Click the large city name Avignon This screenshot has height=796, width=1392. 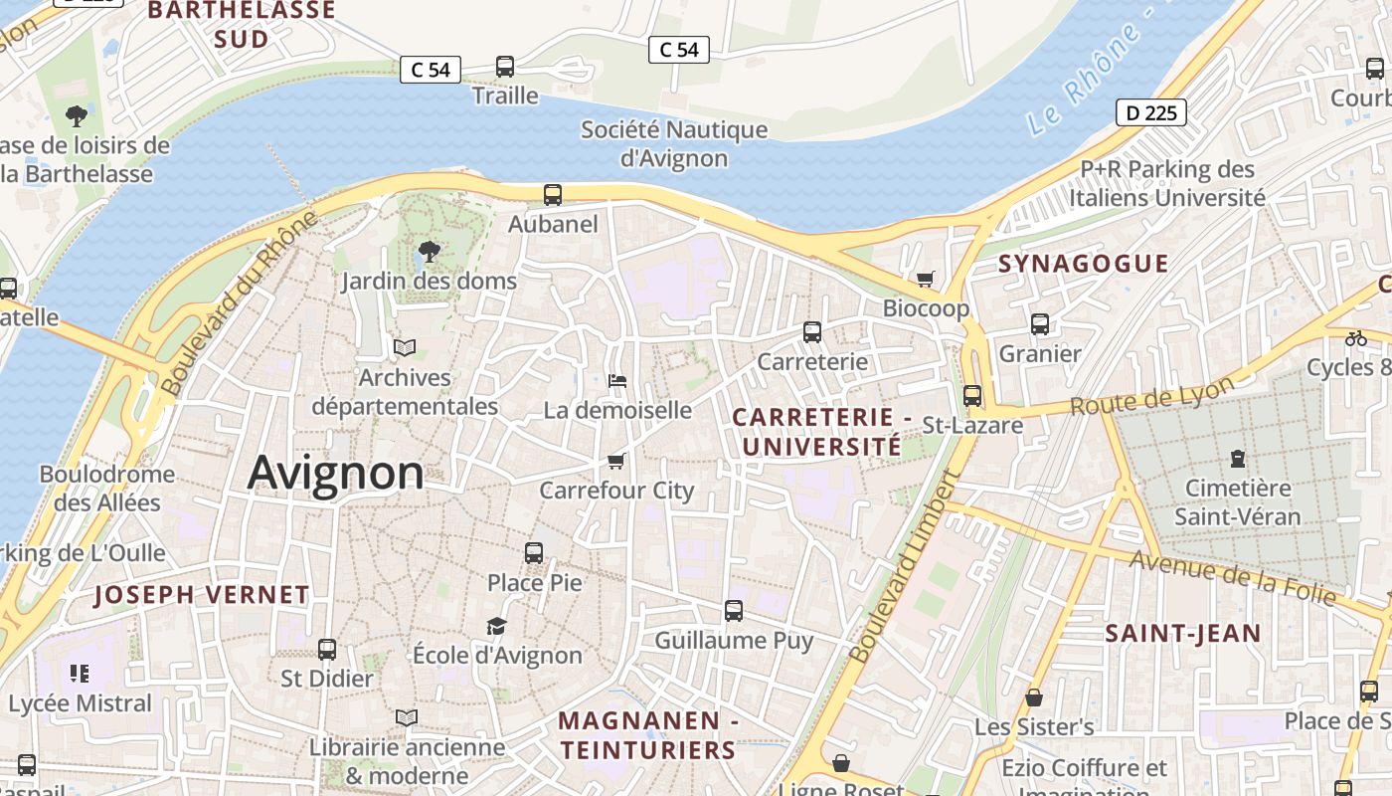(x=335, y=473)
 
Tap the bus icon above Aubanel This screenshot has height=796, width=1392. (x=552, y=195)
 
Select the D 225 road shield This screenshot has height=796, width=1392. (x=1152, y=112)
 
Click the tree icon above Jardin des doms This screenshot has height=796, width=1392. (x=429, y=251)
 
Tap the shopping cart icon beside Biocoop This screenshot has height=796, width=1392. (x=926, y=280)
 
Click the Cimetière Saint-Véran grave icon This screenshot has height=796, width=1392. (x=1237, y=459)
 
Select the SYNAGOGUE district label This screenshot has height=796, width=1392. (x=1083, y=264)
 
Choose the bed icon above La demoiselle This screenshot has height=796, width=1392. (x=616, y=381)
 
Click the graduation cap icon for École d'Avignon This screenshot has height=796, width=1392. (x=496, y=626)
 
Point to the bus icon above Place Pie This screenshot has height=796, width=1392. (x=534, y=553)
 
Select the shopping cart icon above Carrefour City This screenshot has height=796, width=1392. (x=615, y=462)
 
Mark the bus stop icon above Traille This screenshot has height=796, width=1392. (x=505, y=67)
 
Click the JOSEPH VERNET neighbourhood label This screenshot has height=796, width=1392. (x=202, y=595)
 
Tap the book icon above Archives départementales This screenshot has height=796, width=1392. (x=405, y=347)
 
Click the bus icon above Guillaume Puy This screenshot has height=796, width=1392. (x=734, y=611)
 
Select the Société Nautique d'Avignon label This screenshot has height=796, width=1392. (x=674, y=143)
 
